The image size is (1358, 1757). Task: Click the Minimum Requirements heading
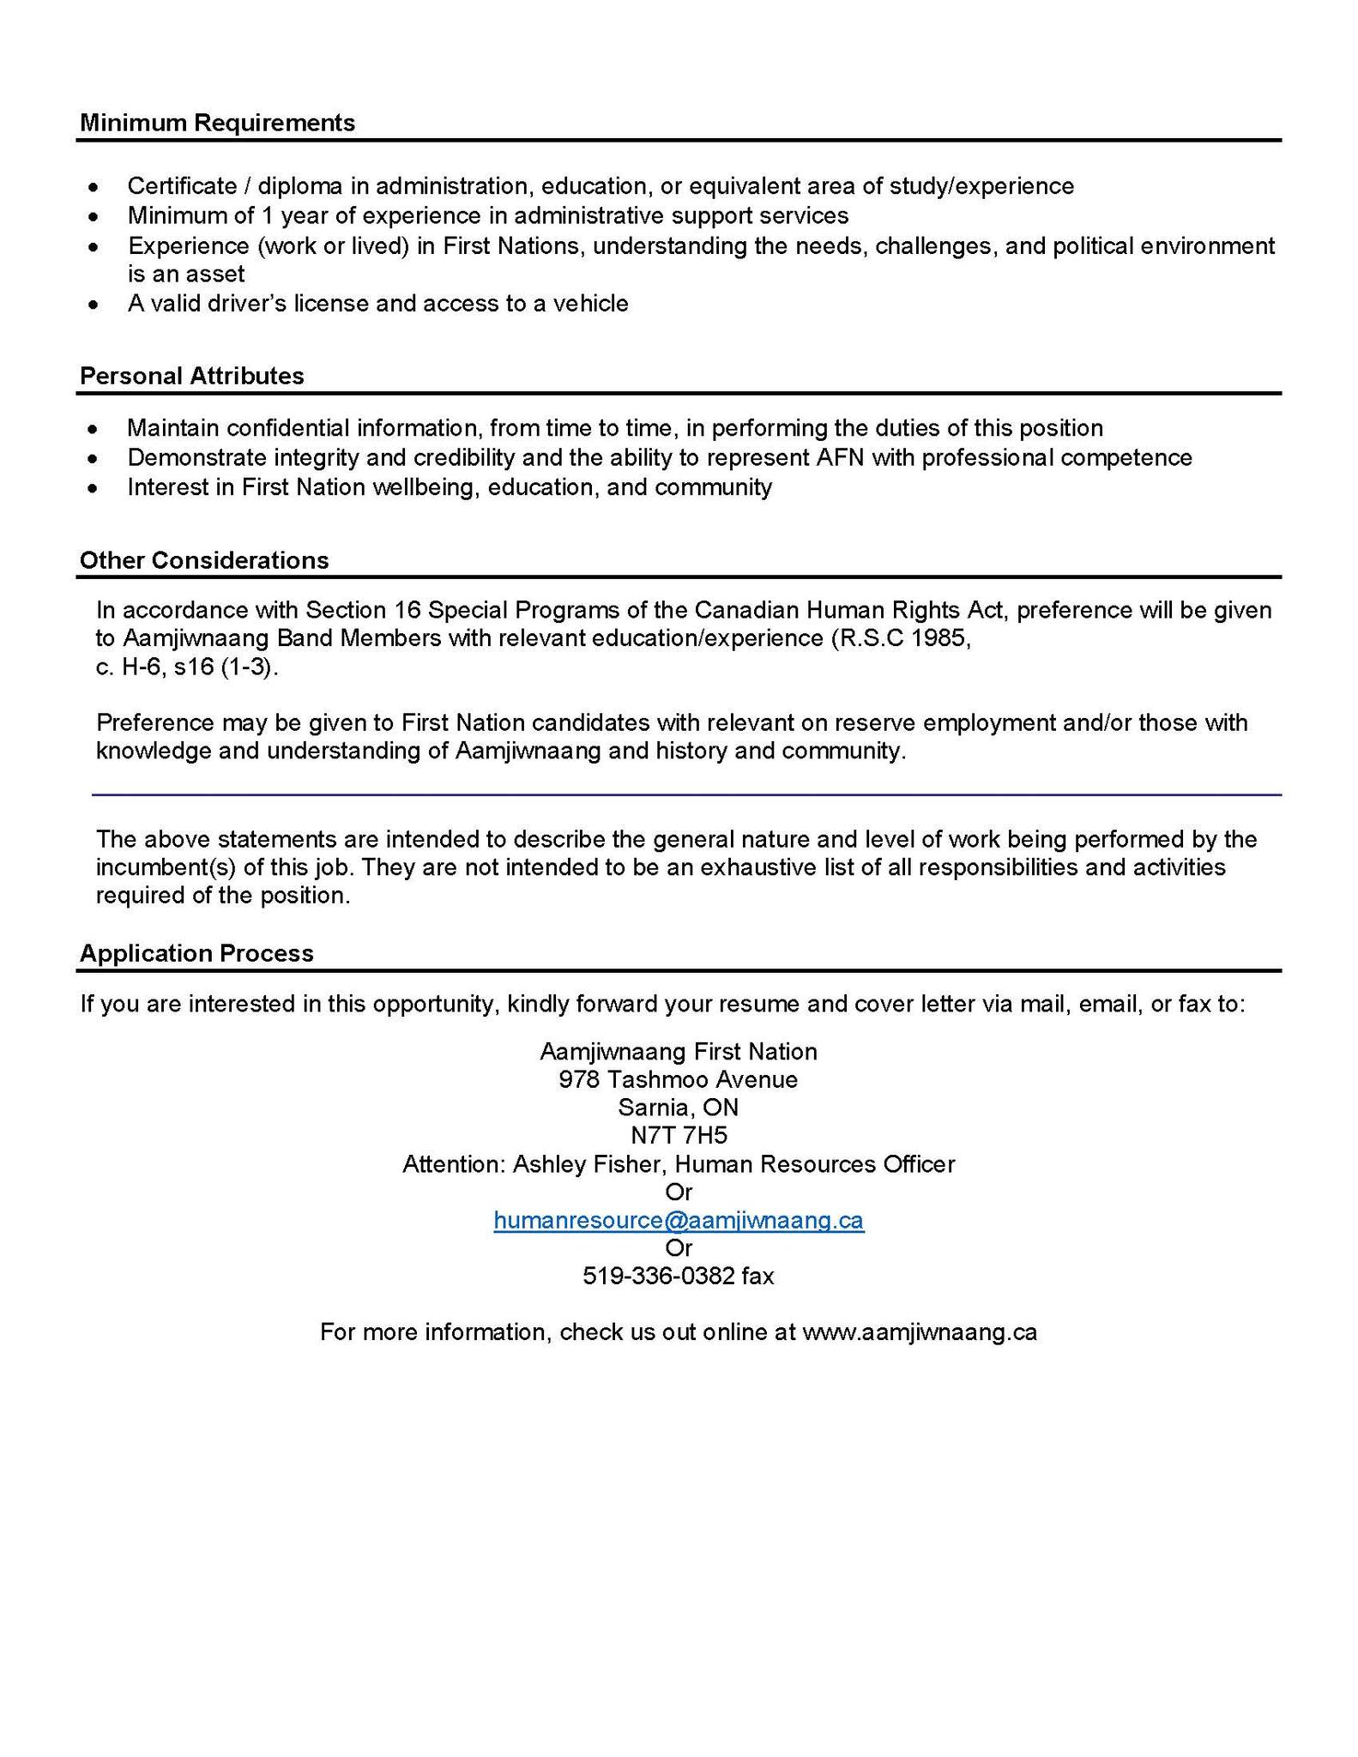click(x=217, y=123)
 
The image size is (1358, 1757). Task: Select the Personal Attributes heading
click(x=191, y=376)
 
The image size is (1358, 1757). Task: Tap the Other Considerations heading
click(x=204, y=560)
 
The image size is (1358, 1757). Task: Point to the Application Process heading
click(x=196, y=953)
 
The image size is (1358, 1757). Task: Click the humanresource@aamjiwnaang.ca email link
click(x=679, y=1220)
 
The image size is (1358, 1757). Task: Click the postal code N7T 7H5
click(x=679, y=1135)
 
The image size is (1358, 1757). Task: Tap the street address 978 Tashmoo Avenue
click(x=679, y=1079)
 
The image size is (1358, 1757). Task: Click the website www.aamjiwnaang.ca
click(x=919, y=1331)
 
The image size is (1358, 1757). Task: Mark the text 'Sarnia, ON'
click(x=679, y=1107)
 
